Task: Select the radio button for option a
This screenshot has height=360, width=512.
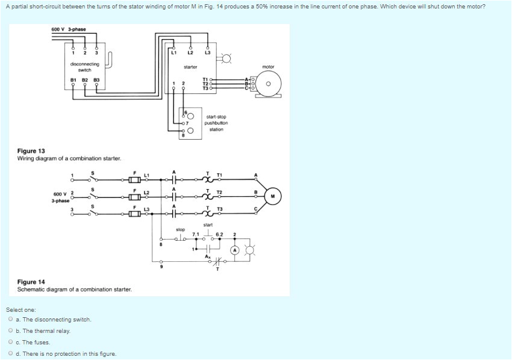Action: pos(11,320)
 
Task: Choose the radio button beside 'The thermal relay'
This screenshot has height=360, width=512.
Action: pos(11,331)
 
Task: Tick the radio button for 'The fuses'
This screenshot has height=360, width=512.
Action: pos(11,343)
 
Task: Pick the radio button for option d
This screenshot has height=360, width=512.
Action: pos(11,354)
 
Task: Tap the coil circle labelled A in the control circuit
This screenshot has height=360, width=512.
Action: pos(235,250)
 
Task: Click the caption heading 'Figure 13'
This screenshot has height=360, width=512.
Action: pos(31,151)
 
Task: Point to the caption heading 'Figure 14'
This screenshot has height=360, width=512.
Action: pos(31,282)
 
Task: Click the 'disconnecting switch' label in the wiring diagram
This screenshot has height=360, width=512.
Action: pos(84,67)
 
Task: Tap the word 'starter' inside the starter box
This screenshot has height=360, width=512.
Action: pos(190,67)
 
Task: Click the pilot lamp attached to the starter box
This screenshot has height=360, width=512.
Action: pos(226,58)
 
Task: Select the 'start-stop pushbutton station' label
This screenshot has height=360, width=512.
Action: pos(216,123)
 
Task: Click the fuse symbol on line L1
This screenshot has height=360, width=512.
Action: pos(136,179)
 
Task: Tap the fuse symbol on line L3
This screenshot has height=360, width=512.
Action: pos(136,213)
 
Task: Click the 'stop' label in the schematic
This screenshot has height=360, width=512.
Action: pos(180,229)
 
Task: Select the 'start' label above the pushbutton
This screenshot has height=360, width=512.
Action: pos(208,225)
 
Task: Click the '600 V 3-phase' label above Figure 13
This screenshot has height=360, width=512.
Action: pos(68,29)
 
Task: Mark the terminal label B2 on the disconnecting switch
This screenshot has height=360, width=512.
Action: pos(84,79)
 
